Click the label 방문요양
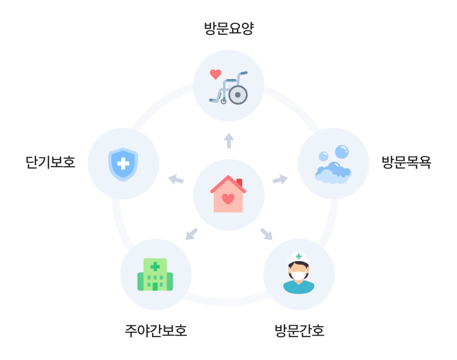tap(229, 28)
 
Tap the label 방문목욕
tap(406, 162)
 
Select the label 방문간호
tap(300, 331)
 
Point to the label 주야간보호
tap(156, 331)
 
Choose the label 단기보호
tap(51, 162)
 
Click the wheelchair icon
tap(228, 88)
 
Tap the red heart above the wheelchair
tap(216, 75)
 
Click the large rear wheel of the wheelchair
tap(238, 95)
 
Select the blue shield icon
tap(123, 164)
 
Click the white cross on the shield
tap(123, 164)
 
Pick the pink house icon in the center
tap(228, 194)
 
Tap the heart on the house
tap(228, 199)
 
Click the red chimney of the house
tap(239, 183)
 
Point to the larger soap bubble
tap(342, 152)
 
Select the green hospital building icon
tap(155, 274)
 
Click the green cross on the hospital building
tap(155, 267)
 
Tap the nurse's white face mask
tap(299, 275)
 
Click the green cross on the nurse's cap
tap(299, 257)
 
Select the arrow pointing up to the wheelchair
tap(229, 141)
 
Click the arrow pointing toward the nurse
tap(266, 234)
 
